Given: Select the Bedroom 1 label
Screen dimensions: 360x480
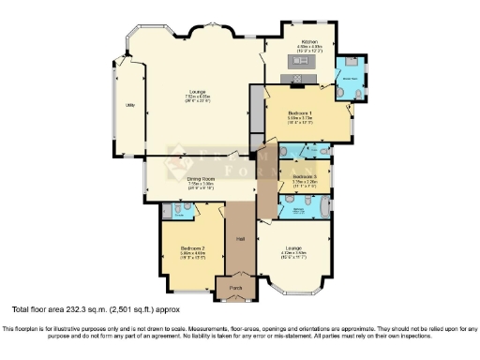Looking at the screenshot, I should tap(300, 111).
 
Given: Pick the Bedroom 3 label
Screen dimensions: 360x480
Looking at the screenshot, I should tap(304, 176).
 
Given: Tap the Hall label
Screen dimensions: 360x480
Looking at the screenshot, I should tap(240, 239).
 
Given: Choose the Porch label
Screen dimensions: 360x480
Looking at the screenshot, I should tap(234, 286).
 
